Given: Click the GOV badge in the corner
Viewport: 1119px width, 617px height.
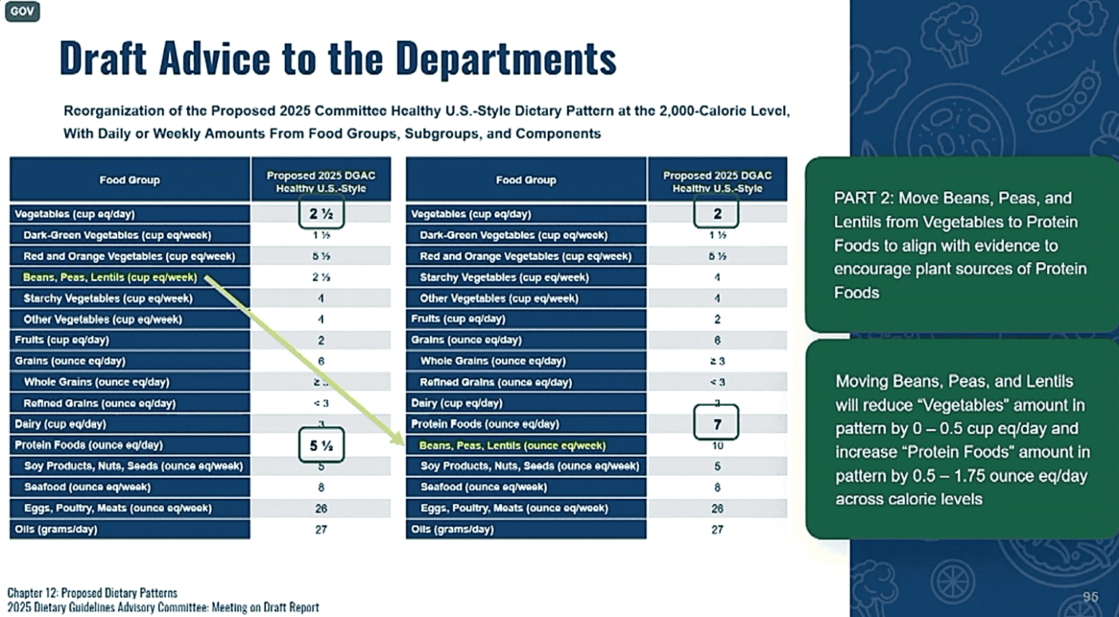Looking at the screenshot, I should [22, 11].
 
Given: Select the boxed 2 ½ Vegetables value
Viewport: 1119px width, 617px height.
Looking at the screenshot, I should [321, 213].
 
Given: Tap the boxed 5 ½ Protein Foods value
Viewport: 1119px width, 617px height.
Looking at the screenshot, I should [321, 445].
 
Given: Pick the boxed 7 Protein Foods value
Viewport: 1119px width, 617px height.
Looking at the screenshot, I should [717, 424].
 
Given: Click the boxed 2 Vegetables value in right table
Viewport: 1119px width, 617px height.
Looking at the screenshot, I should [717, 213].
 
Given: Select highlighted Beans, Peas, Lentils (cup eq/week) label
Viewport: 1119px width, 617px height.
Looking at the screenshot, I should [110, 277].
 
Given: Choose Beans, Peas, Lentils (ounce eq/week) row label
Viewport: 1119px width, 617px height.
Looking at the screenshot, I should [512, 445].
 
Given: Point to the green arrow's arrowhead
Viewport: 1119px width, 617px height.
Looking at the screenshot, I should [398, 439].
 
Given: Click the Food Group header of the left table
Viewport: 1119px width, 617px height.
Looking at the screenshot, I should [130, 180].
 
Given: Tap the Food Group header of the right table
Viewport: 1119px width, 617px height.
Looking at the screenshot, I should [526, 180].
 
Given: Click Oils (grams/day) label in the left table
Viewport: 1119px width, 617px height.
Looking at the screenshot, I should [56, 529].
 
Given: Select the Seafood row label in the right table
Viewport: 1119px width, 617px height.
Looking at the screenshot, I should [484, 487].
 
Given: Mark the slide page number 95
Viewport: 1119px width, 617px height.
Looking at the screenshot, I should [1090, 597].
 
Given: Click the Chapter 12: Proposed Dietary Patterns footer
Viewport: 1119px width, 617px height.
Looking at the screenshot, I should [93, 593].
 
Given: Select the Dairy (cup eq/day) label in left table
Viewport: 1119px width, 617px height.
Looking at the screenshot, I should [60, 424].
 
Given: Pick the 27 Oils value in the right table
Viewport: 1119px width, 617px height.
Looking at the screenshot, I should [717, 530].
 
